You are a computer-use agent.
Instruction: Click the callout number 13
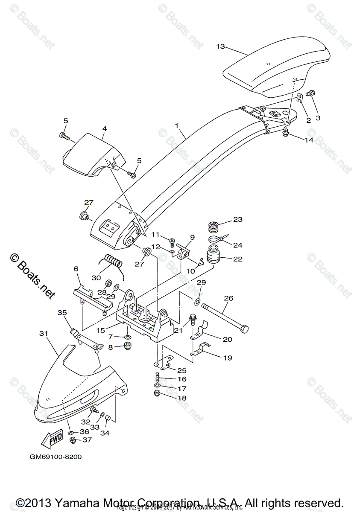click(x=220, y=46)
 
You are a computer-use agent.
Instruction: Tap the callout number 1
click(x=177, y=126)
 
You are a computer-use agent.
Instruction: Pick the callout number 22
click(x=237, y=259)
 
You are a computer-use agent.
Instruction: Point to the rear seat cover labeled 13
click(x=278, y=70)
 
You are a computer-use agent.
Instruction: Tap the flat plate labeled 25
click(x=162, y=365)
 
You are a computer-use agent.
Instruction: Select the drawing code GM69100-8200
click(x=56, y=457)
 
